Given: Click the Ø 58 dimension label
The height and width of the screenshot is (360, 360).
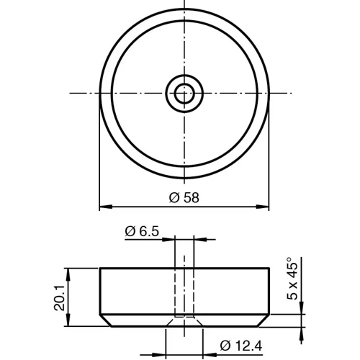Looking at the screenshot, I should (184, 197).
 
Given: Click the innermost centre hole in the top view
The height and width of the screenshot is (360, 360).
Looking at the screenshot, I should (184, 92).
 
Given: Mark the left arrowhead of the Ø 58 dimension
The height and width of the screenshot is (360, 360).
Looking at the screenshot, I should (102, 207).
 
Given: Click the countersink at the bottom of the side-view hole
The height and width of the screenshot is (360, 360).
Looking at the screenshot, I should (184, 318).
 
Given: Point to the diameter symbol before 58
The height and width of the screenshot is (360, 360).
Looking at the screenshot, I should (174, 197).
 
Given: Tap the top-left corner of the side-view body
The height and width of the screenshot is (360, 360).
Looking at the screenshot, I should (99, 269).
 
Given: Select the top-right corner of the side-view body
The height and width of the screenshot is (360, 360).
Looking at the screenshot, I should (269, 269).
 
